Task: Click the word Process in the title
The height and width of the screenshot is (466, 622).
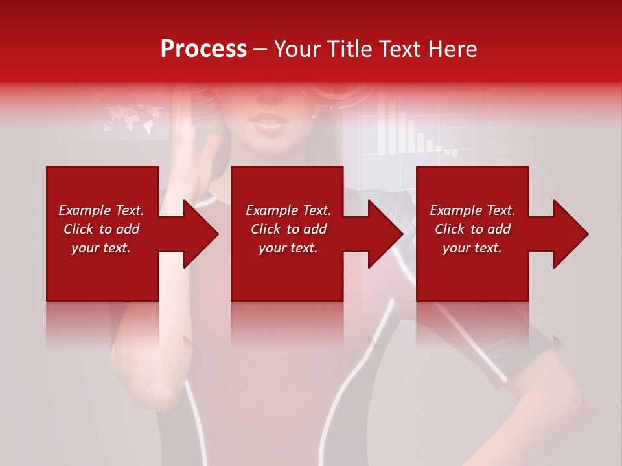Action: (x=203, y=49)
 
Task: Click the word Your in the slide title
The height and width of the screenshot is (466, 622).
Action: (x=300, y=49)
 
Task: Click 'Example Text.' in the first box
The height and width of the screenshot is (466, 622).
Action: (x=101, y=210)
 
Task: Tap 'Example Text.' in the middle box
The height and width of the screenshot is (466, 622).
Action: (x=288, y=210)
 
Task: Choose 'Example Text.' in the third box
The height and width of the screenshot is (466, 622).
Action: (x=472, y=210)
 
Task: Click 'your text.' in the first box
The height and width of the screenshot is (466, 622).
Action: (x=101, y=248)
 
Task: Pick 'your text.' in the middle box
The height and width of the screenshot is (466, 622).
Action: (x=288, y=248)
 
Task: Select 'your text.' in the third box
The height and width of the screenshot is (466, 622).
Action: (x=472, y=248)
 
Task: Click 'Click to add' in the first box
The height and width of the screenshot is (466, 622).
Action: (x=101, y=229)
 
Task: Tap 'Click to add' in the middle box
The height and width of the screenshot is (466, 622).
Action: (x=288, y=229)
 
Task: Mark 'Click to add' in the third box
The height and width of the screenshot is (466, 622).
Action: (x=472, y=229)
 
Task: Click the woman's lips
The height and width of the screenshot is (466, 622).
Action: (x=266, y=121)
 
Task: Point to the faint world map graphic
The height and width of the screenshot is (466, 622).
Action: (x=133, y=120)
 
